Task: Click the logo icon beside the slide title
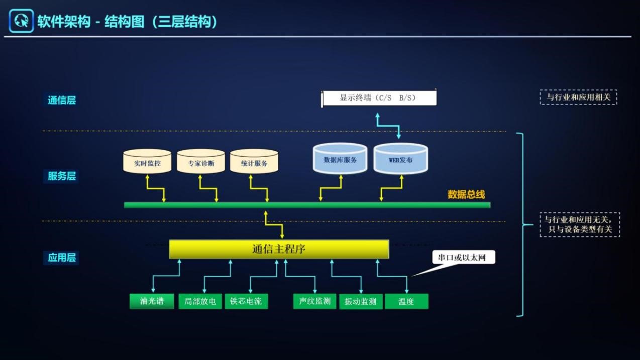click(x=21, y=21)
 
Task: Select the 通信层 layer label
click(x=62, y=100)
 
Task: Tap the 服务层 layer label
click(x=62, y=176)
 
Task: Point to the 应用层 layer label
click(x=62, y=258)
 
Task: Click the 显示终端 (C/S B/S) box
click(x=379, y=97)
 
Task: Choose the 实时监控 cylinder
click(x=147, y=162)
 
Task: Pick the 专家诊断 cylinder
click(x=201, y=162)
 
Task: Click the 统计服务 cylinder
click(x=254, y=162)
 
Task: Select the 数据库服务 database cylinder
click(x=340, y=160)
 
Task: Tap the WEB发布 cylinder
click(x=400, y=160)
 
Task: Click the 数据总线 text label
click(x=466, y=195)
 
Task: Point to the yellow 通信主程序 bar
click(x=279, y=249)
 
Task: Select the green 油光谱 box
click(x=152, y=301)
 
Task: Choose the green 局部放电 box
click(x=200, y=301)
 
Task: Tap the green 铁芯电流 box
click(x=246, y=301)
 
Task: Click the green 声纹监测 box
click(x=314, y=301)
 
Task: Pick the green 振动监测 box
click(x=361, y=301)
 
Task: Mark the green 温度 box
click(x=406, y=301)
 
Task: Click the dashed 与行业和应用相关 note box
click(x=578, y=97)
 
